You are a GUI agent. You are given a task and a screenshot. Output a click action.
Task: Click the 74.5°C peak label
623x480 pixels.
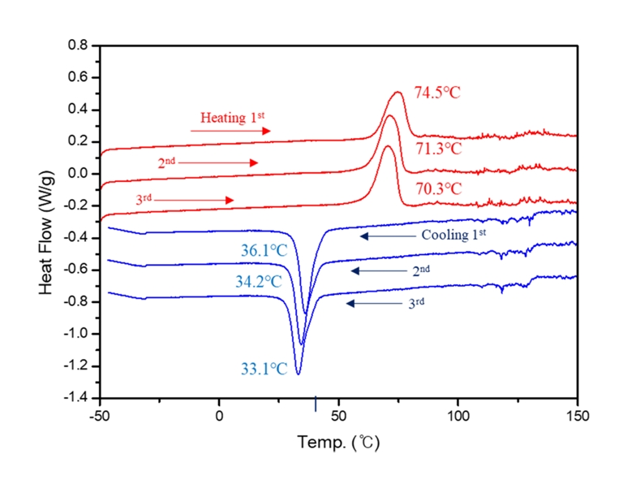point(437,93)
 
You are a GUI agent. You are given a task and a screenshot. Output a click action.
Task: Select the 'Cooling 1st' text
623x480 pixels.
point(453,236)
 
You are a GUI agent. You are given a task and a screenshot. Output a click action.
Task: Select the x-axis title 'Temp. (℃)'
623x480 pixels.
point(338,443)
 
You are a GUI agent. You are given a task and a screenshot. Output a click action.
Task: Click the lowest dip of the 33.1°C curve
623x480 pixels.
point(298,374)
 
